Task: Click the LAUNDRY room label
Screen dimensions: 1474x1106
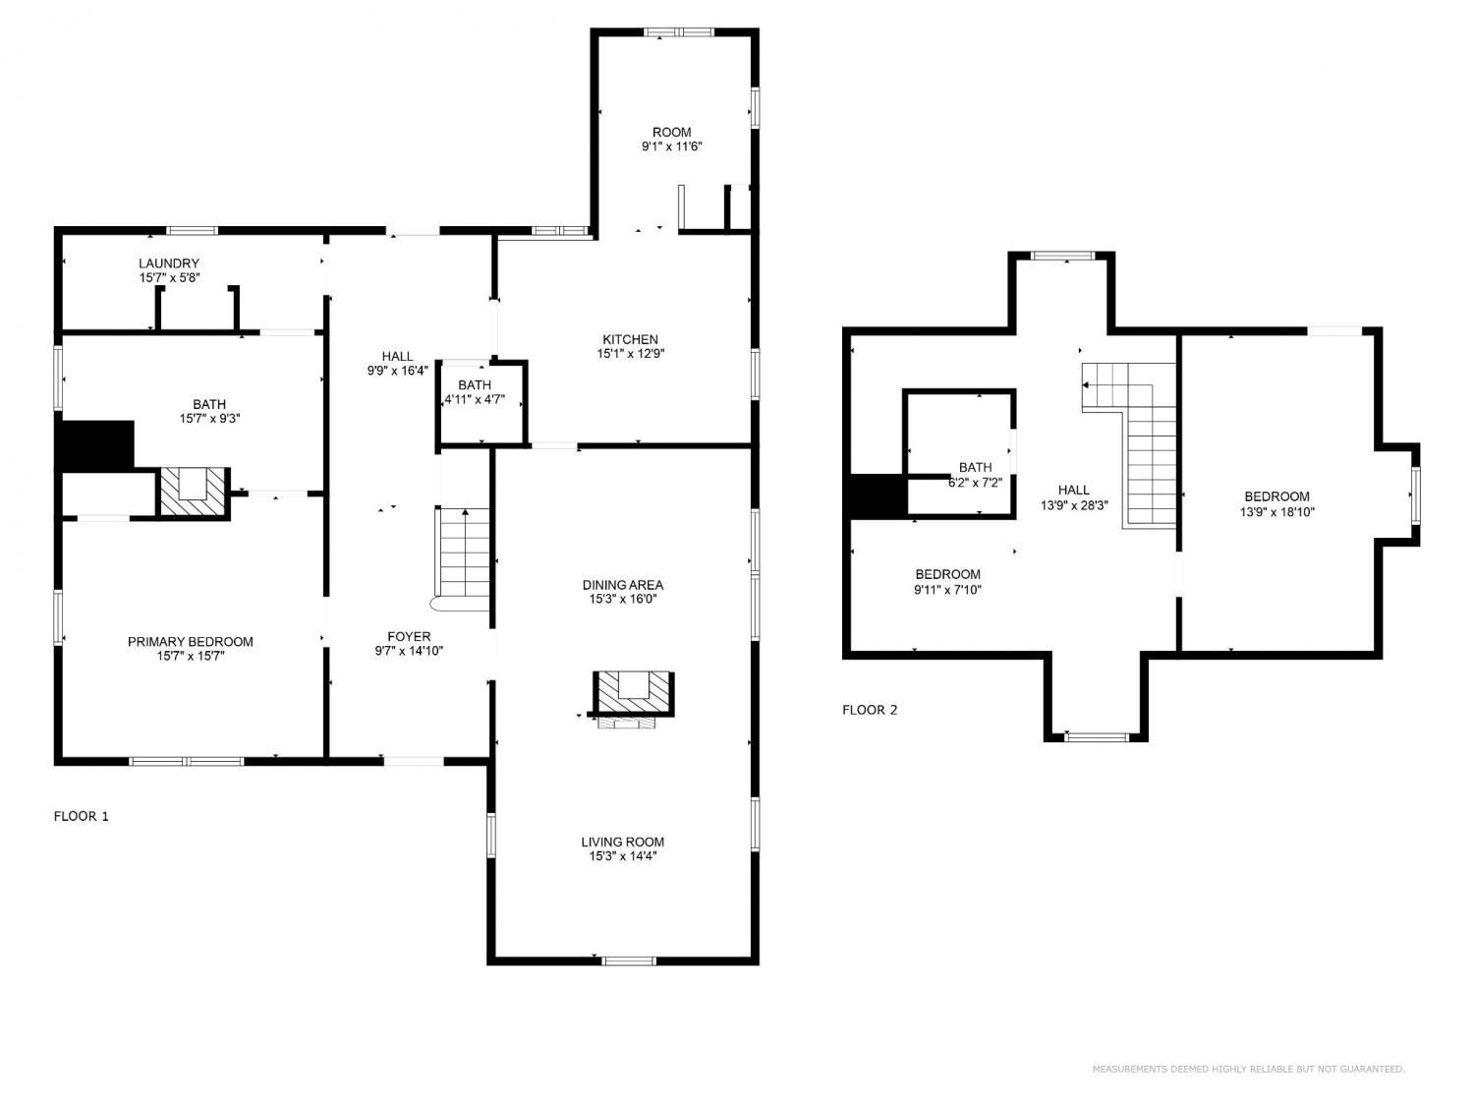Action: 169,263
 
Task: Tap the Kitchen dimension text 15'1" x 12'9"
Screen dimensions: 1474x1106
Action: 630,354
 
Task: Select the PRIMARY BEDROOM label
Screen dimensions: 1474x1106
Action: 190,641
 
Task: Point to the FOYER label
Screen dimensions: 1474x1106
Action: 408,636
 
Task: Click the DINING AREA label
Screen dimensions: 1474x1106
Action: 622,585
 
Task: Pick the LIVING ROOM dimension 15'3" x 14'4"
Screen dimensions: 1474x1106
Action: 622,856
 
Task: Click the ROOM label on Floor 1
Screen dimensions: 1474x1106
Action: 671,133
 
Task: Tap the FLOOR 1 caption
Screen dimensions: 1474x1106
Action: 81,816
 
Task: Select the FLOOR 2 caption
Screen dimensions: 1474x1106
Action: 870,710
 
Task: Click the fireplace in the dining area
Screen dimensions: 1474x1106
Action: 633,698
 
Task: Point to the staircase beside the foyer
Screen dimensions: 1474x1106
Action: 462,559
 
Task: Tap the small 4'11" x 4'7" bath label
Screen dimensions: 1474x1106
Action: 474,392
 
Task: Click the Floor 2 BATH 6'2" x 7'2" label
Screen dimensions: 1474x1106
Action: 975,474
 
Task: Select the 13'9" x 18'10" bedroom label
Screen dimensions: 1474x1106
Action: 1276,503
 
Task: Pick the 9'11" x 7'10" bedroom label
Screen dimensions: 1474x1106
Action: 947,582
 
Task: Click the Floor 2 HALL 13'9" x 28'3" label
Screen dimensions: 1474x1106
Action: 1074,496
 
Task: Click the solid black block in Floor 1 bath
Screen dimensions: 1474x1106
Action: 94,446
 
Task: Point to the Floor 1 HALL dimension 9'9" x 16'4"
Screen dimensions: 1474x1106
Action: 398,370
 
